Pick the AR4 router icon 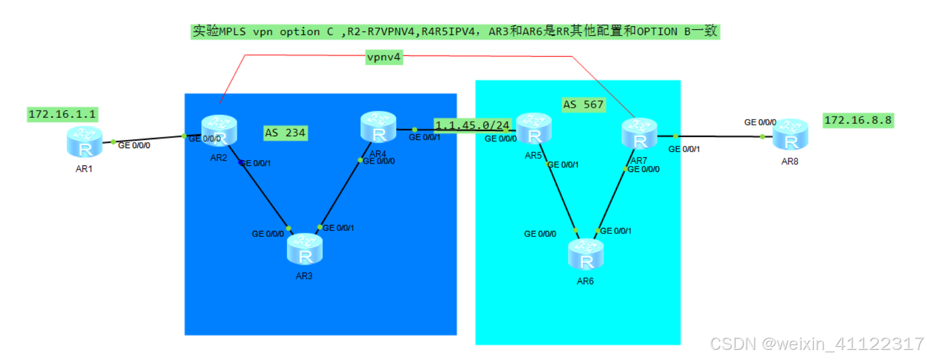[378, 127]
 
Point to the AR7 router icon [639, 134]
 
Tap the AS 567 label [583, 105]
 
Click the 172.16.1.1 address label [62, 113]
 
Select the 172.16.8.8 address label [858, 120]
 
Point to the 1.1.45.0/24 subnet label [472, 126]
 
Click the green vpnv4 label [384, 58]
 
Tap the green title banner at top [455, 32]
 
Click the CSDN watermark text [818, 343]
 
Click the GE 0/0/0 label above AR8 [760, 123]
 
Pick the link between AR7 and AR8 [714, 136]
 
